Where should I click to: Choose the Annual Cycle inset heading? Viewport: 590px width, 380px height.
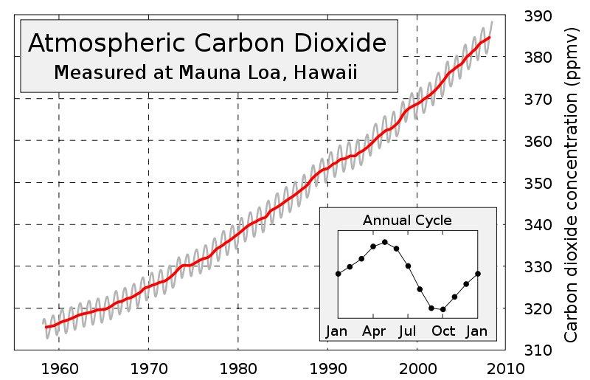(407, 221)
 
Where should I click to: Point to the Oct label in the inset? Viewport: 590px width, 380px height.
(443, 331)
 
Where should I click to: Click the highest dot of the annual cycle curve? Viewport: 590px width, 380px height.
(384, 241)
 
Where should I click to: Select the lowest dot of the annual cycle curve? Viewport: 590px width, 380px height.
(442, 309)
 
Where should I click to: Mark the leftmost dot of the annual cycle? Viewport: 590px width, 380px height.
(338, 274)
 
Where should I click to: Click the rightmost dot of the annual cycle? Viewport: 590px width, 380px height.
(477, 274)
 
